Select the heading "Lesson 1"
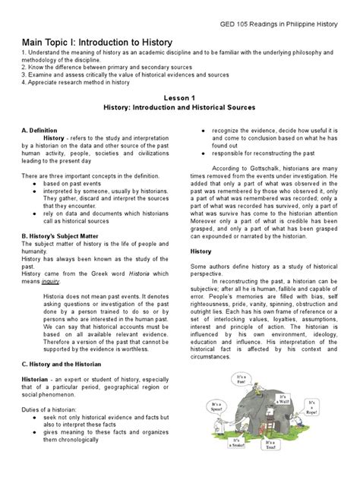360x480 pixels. [180, 98]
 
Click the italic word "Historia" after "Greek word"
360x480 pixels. [129, 272]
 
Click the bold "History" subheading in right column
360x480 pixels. [201, 251]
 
